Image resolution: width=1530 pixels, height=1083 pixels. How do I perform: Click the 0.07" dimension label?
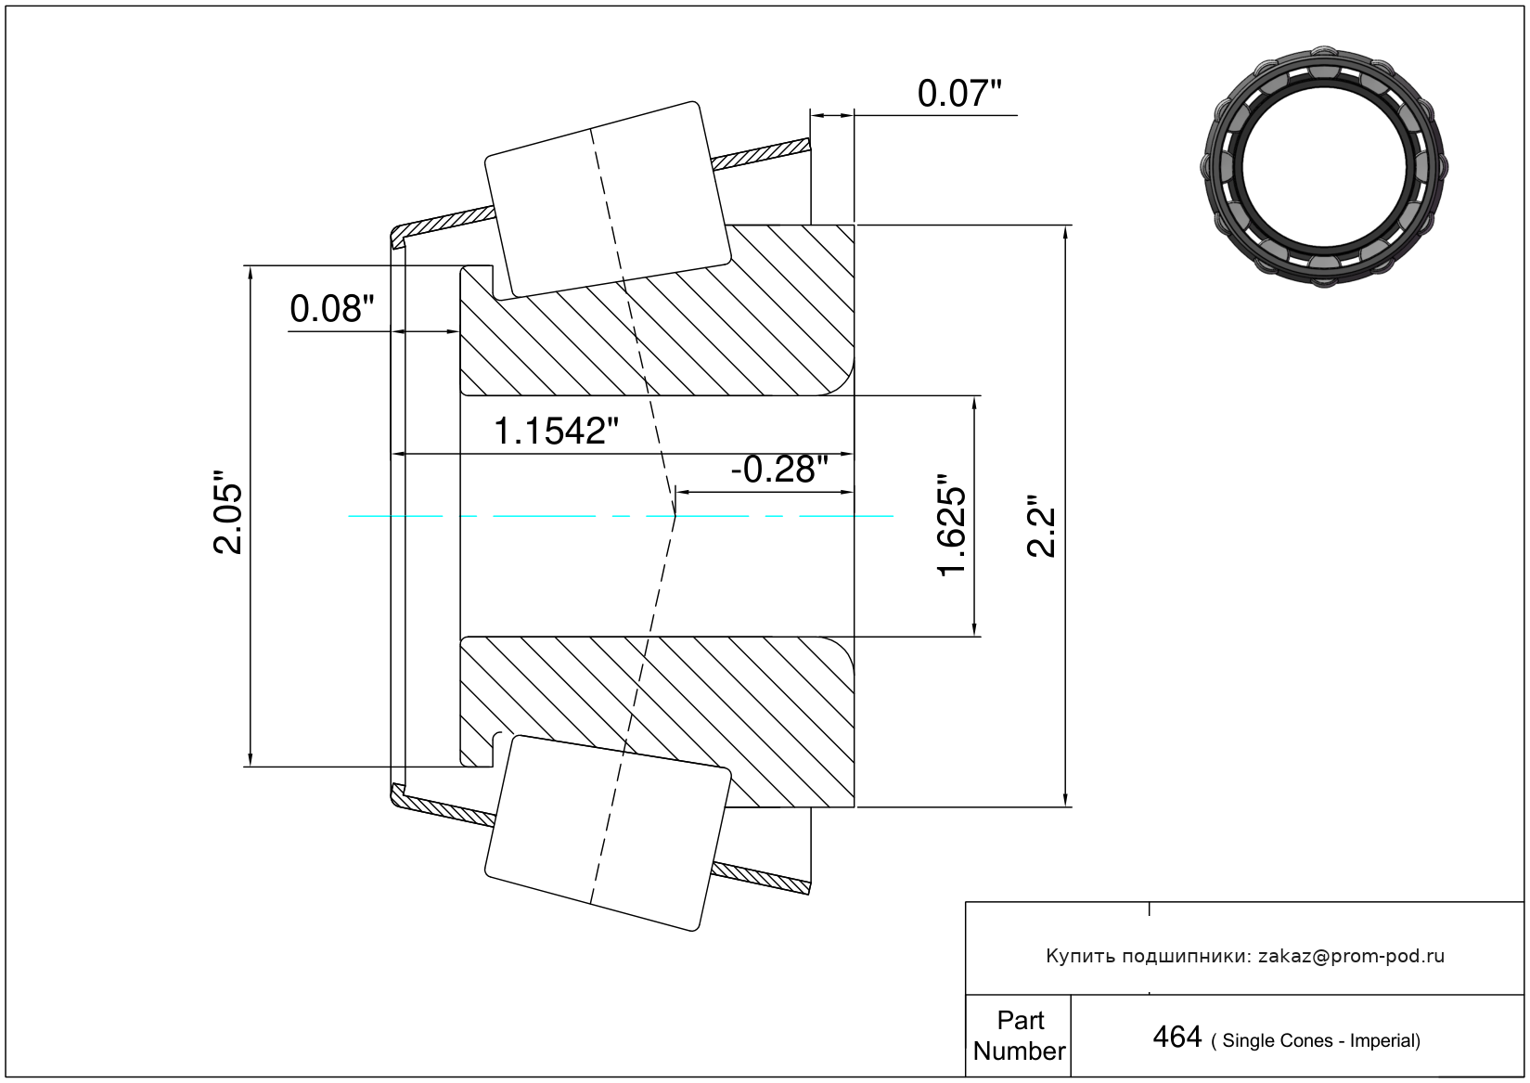[x=959, y=94]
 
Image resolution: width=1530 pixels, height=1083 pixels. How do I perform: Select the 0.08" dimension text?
[x=332, y=309]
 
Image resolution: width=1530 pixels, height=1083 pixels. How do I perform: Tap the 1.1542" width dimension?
[x=555, y=432]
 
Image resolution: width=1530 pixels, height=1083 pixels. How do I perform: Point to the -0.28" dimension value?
[x=779, y=470]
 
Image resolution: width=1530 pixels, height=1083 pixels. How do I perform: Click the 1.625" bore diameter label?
[x=951, y=524]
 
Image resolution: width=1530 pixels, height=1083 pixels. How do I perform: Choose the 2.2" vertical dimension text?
[x=1042, y=533]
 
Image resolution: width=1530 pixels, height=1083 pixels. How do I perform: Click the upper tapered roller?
[x=607, y=200]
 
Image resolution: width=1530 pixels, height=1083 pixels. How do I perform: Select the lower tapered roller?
[x=607, y=833]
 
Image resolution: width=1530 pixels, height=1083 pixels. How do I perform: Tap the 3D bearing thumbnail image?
[x=1324, y=167]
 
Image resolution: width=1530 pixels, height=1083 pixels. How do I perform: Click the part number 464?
[x=1176, y=1038]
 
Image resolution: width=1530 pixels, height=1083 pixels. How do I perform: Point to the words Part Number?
[x=1020, y=1036]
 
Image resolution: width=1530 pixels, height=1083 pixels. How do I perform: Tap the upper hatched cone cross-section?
[x=657, y=310]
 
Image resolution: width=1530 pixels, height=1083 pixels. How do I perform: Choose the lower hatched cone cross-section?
[x=657, y=722]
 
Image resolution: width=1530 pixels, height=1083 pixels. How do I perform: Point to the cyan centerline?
[x=621, y=516]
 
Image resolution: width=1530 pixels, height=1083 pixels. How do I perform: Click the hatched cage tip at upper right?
[x=761, y=154]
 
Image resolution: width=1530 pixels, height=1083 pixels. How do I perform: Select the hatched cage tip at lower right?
[x=761, y=879]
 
